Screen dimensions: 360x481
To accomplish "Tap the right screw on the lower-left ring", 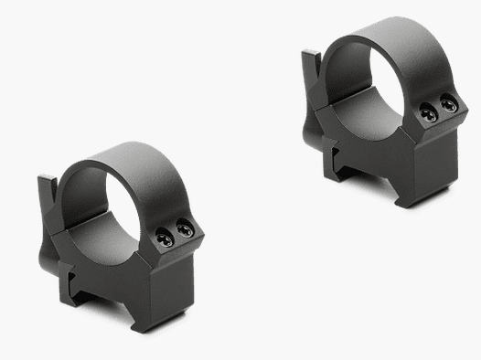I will (186, 231).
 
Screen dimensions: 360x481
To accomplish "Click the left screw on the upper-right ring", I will (428, 111).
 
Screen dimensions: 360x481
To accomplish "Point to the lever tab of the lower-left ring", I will (48, 201).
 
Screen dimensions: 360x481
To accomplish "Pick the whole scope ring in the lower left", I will (123, 233).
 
